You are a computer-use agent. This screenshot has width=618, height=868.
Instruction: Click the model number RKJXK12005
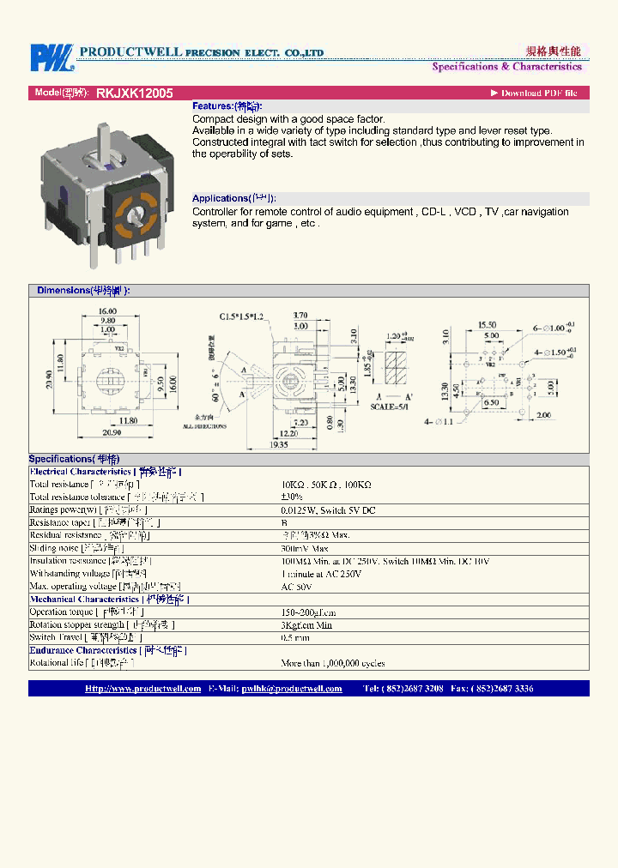135,93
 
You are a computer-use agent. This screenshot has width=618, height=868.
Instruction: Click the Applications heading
233,198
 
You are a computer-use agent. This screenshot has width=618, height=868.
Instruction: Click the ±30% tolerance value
292,497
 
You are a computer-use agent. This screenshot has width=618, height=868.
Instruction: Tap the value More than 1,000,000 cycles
332,663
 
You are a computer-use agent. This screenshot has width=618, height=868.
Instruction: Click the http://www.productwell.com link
142,689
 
